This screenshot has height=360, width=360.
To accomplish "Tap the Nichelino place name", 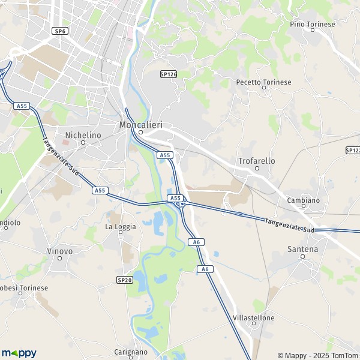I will (x=83, y=135).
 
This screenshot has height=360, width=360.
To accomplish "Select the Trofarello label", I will (x=256, y=161).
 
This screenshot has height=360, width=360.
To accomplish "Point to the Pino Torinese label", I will (x=311, y=24).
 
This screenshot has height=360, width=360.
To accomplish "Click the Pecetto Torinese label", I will (x=263, y=82).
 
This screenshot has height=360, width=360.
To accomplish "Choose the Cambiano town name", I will (x=303, y=200).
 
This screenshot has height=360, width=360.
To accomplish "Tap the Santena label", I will (x=303, y=248).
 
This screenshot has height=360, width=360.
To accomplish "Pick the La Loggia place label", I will (x=121, y=226).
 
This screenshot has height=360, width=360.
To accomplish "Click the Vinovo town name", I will (x=60, y=250).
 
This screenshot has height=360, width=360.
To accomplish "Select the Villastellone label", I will (x=254, y=317).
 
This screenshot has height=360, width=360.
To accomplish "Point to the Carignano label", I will (x=131, y=352).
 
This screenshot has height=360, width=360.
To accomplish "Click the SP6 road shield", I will (x=59, y=31).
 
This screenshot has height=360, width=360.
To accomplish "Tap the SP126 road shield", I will (x=169, y=74).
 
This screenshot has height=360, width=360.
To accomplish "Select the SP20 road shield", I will (x=124, y=280).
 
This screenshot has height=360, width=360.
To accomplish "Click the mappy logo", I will (x=19, y=353).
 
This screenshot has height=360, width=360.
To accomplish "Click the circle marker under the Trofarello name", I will (x=257, y=169).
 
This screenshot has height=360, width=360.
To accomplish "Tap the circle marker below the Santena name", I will (x=303, y=256).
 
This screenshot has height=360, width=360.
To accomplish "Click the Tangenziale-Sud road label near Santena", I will (x=290, y=225).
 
